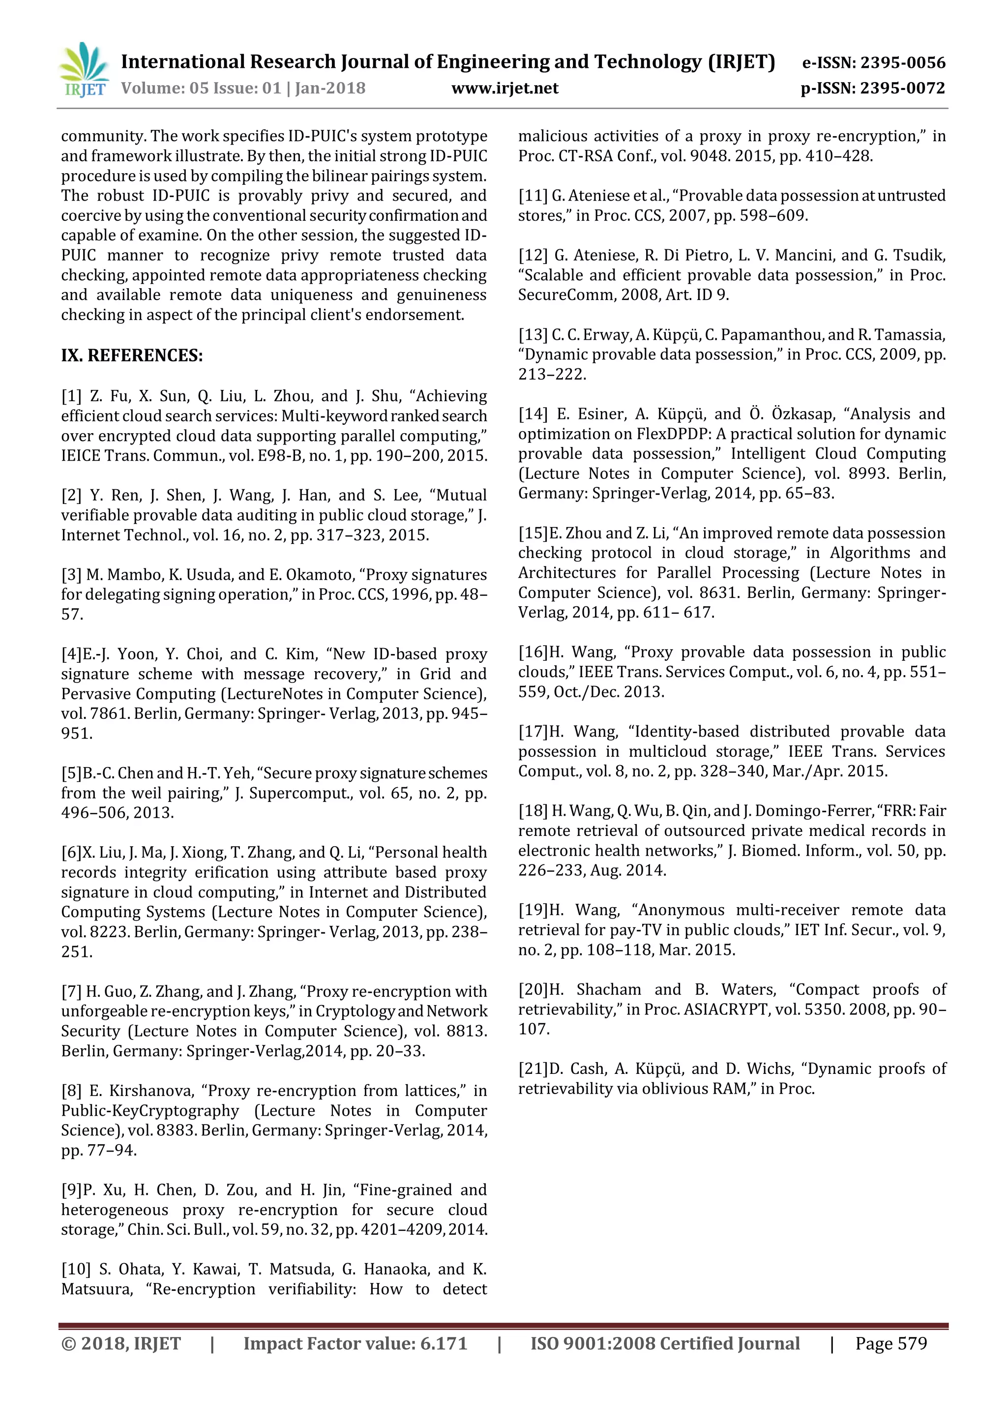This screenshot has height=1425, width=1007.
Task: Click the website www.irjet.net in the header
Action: tap(504, 88)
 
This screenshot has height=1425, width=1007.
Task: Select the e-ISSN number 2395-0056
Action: tap(903, 62)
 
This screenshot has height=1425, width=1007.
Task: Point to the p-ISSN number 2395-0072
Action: tap(903, 88)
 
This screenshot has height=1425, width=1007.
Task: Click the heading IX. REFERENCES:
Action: tap(132, 356)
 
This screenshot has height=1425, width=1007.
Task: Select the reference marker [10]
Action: tap(75, 1269)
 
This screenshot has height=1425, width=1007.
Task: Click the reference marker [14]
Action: tap(533, 414)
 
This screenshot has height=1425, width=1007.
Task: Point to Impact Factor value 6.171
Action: tap(443, 1344)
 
